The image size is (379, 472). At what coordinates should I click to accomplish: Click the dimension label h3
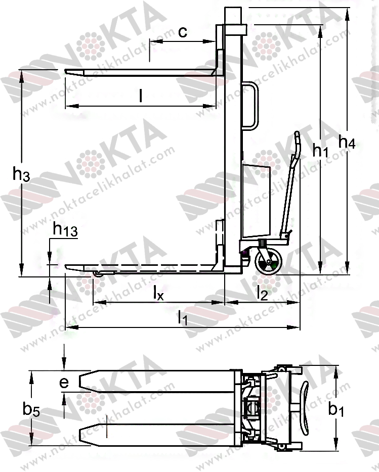pyautogui.click(x=21, y=174)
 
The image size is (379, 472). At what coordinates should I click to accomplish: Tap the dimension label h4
pyautogui.click(x=347, y=142)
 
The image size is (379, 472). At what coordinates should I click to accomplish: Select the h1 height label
pyautogui.click(x=320, y=150)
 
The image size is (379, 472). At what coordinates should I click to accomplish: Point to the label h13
pyautogui.click(x=65, y=229)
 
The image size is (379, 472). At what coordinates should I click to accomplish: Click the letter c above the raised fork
pyautogui.click(x=183, y=32)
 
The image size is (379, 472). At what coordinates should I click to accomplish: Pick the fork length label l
pyautogui.click(x=141, y=96)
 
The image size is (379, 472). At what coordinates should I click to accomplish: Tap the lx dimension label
pyautogui.click(x=158, y=293)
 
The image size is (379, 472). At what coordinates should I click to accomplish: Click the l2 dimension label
pyautogui.click(x=262, y=293)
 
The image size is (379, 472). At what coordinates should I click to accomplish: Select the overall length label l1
pyautogui.click(x=182, y=317)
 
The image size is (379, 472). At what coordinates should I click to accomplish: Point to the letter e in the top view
pyautogui.click(x=64, y=382)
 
